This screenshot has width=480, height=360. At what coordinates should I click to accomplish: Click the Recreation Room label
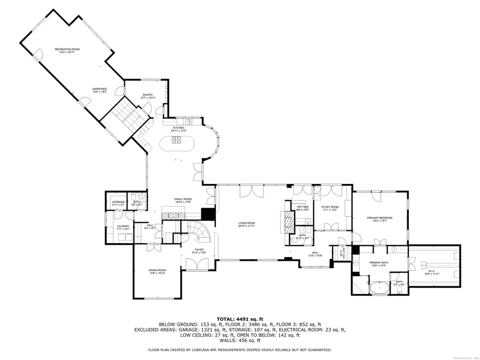click(67, 49)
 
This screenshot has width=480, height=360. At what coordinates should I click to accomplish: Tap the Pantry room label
click(148, 95)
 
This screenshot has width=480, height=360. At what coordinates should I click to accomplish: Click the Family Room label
click(183, 199)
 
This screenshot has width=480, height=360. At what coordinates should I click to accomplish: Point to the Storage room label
click(118, 202)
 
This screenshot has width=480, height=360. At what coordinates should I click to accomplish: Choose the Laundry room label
click(123, 226)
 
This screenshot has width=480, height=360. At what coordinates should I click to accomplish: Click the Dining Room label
click(157, 270)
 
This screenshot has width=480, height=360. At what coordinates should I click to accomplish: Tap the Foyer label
click(199, 249)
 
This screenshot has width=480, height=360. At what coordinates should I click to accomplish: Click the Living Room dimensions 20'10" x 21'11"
click(247, 226)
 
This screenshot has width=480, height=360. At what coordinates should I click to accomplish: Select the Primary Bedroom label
click(379, 218)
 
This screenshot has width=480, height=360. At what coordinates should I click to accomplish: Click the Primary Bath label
click(378, 262)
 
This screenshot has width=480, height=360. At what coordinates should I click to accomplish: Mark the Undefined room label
click(100, 88)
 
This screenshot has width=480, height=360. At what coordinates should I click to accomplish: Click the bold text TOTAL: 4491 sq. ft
click(240, 319)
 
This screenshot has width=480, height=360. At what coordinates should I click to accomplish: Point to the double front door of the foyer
click(199, 264)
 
